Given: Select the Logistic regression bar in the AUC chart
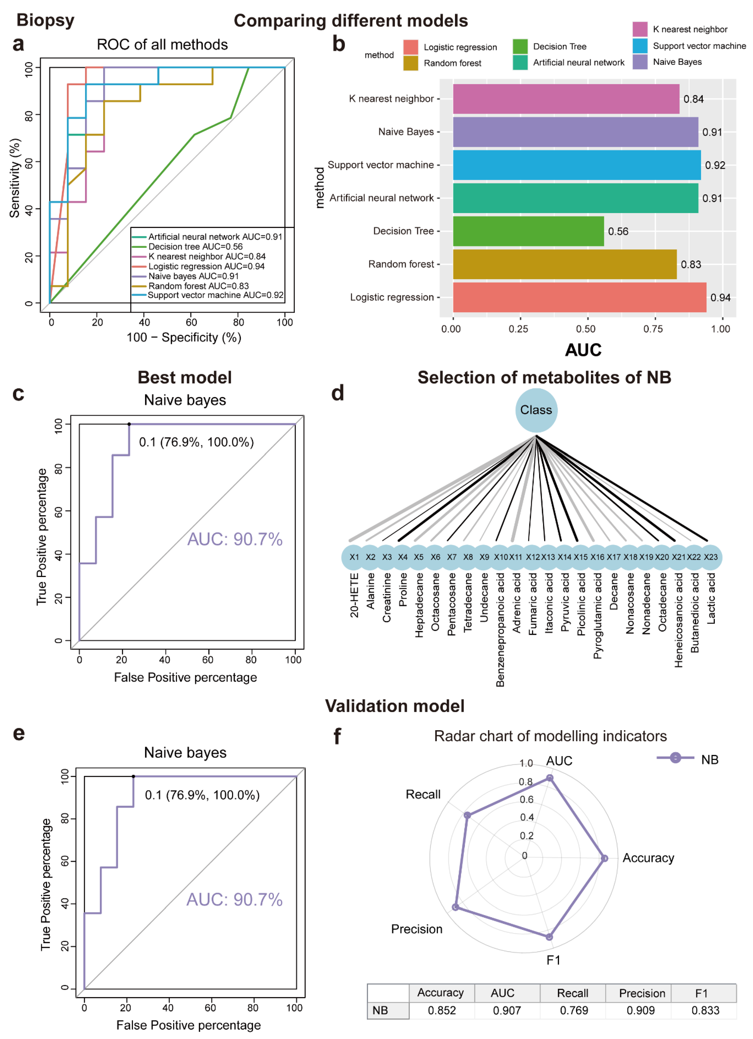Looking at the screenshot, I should point(579,297).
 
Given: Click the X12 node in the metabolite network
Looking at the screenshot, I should point(532,557).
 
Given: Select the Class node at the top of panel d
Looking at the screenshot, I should point(536,410).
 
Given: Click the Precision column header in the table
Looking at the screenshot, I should point(642,993).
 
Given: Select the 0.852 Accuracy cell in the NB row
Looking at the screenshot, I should point(442,1010).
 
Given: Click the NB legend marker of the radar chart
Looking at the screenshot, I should point(675,758).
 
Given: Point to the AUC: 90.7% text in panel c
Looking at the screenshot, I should point(235,539).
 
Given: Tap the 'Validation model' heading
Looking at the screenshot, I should point(395,706).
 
